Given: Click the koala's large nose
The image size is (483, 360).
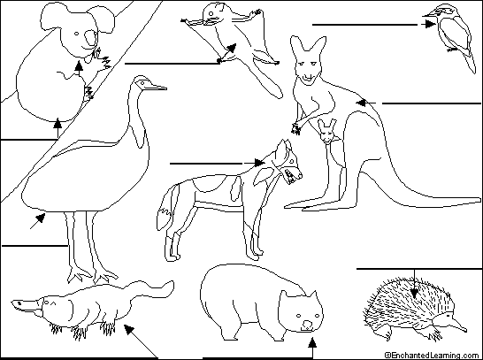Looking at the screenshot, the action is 90,38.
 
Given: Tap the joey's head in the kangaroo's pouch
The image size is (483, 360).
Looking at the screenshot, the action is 326,131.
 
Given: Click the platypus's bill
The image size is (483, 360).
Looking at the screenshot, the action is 26,306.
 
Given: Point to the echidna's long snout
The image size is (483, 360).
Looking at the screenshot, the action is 458,325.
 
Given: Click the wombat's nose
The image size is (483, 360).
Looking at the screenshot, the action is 307,325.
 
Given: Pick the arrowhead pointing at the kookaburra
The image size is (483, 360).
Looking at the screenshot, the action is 429,24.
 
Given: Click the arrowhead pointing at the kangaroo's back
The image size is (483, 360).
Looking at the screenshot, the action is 361,103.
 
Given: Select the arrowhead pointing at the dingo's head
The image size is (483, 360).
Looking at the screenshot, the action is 259,163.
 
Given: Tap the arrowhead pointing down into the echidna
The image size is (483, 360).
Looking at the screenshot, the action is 414,293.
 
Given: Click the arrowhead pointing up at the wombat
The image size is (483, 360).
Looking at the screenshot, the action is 312,342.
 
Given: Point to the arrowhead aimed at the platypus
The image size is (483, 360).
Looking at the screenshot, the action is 129,329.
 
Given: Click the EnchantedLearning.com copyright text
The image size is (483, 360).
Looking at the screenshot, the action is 433,356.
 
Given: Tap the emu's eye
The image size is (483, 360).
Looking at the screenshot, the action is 142,82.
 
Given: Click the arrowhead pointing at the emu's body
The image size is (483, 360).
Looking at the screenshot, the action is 41,218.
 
